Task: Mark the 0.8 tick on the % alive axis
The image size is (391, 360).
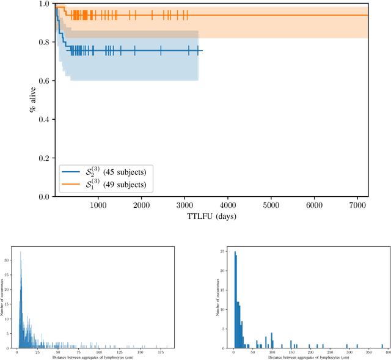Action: click(x=45, y=42)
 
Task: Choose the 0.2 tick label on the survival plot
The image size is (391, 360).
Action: click(x=45, y=158)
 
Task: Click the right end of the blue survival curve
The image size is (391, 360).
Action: click(x=202, y=51)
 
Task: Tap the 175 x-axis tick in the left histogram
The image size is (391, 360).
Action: click(x=161, y=353)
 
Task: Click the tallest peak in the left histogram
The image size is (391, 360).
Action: click(x=20, y=252)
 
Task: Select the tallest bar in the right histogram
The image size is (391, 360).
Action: click(x=235, y=252)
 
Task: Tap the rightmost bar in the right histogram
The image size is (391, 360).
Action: click(x=381, y=345)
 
